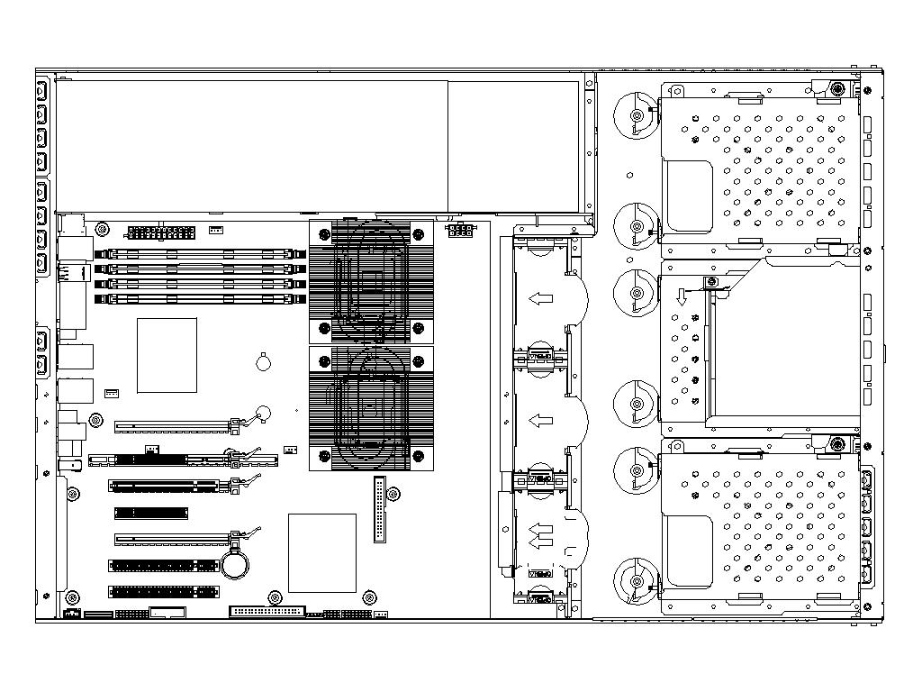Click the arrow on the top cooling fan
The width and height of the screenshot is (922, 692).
pyautogui.click(x=540, y=297)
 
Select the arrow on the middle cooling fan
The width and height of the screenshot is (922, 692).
pyautogui.click(x=540, y=420)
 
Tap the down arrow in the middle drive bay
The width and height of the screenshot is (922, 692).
pyautogui.click(x=682, y=296)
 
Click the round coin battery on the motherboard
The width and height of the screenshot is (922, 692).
pyautogui.click(x=237, y=564)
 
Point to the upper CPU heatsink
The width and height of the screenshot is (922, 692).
pyautogui.click(x=371, y=280)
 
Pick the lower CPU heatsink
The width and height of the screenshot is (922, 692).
pyautogui.click(x=371, y=408)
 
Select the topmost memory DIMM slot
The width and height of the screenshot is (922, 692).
pyautogui.click(x=201, y=255)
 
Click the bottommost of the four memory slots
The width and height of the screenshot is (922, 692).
pyautogui.click(x=201, y=298)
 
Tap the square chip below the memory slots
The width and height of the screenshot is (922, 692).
pyautogui.click(x=167, y=355)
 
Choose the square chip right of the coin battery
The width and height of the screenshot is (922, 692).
pyautogui.click(x=321, y=552)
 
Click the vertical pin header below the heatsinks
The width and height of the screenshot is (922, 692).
pyautogui.click(x=380, y=508)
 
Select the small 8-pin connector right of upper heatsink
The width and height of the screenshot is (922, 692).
pyautogui.click(x=460, y=231)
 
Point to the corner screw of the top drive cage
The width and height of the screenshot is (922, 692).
pyautogui.click(x=838, y=89)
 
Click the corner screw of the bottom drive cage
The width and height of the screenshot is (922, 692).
pyautogui.click(x=838, y=444)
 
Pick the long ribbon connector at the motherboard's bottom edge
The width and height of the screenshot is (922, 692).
pyautogui.click(x=267, y=611)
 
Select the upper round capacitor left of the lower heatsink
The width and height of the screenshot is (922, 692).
pyautogui.click(x=262, y=362)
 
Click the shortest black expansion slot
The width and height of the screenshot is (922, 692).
pyautogui.click(x=150, y=513)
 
